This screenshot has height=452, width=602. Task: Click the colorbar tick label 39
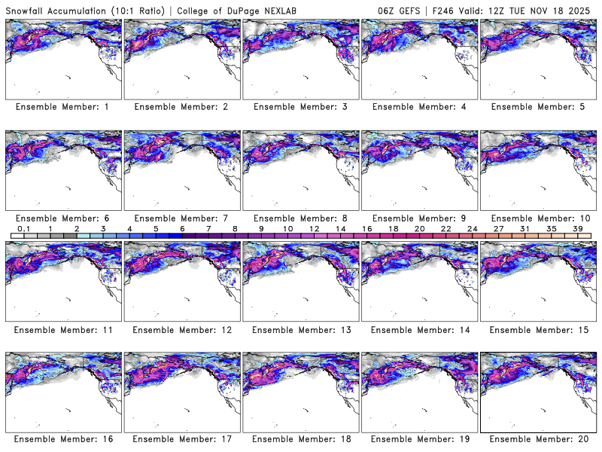(x=577, y=228)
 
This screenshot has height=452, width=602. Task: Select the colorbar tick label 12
(x=314, y=228)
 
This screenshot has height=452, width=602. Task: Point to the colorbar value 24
(x=472, y=228)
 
